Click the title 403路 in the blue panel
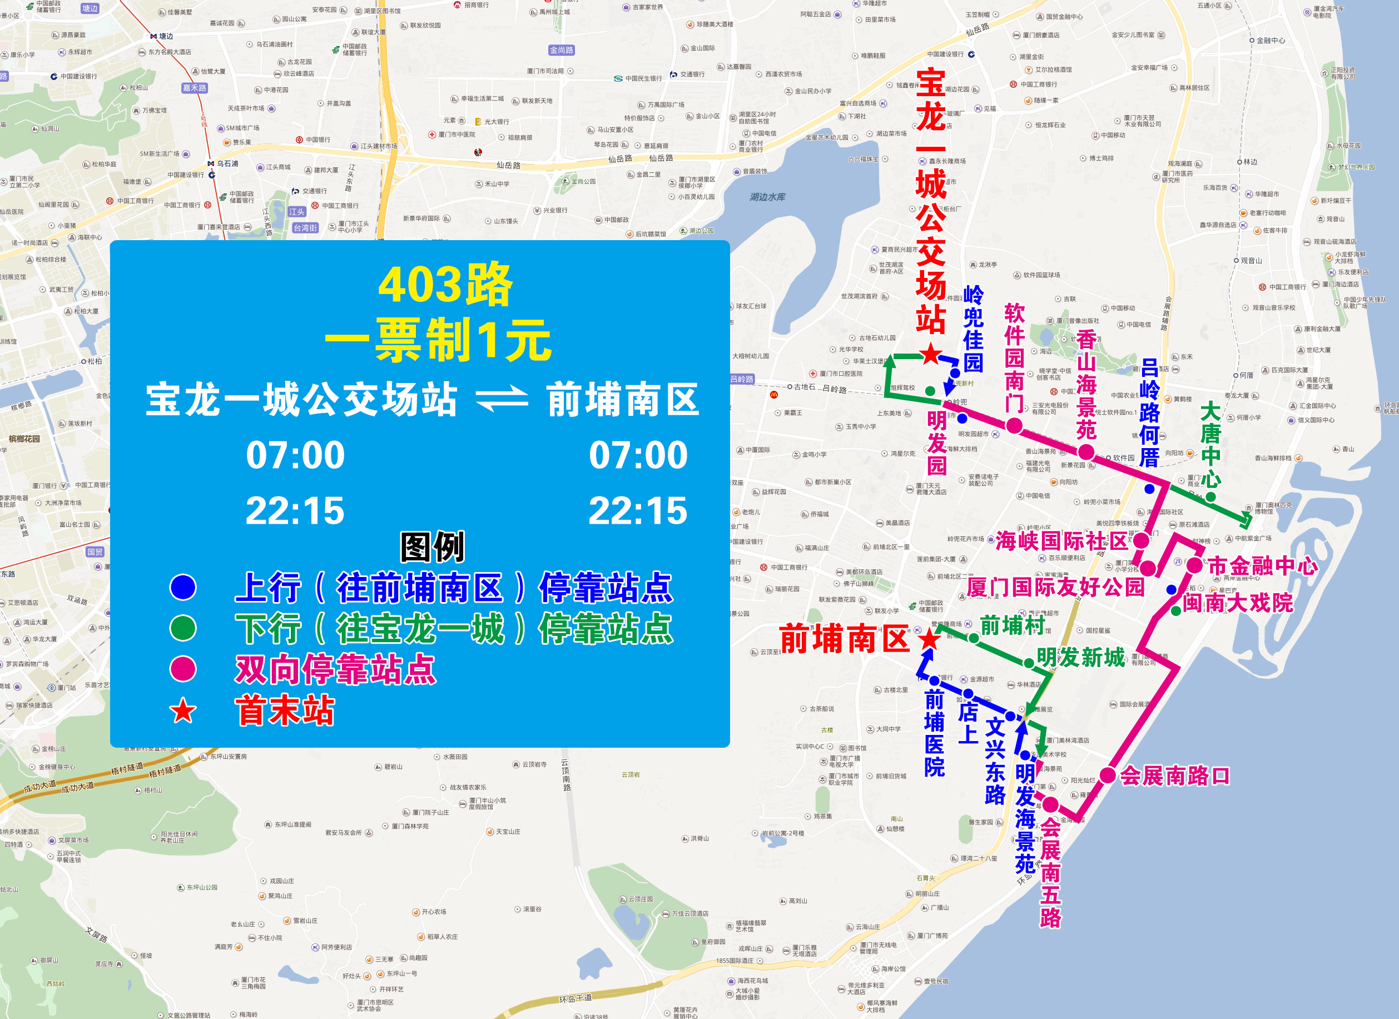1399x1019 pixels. [x=445, y=285]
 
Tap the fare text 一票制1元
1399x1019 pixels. [x=438, y=340]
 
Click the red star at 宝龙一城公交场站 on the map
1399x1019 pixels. [x=930, y=355]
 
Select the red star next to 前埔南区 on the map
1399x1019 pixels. [x=929, y=640]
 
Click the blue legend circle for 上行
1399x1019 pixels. [x=183, y=586]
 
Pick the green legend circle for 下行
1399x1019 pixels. [x=183, y=628]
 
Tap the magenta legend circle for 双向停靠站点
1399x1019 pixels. [x=183, y=669]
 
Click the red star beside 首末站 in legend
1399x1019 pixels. [x=183, y=710]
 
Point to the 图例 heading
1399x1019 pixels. [x=433, y=546]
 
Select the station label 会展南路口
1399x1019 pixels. [x=1174, y=776]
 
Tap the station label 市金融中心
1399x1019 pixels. [x=1262, y=565]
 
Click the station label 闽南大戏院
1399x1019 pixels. [x=1237, y=602]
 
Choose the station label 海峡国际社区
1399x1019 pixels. [x=1061, y=541]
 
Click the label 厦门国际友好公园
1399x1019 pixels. [x=1055, y=586]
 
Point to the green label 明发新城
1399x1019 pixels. [x=1081, y=658]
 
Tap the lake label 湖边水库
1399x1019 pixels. [x=767, y=197]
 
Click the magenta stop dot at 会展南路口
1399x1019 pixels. [x=1108, y=776]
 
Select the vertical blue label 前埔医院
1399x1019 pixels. [x=934, y=733]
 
